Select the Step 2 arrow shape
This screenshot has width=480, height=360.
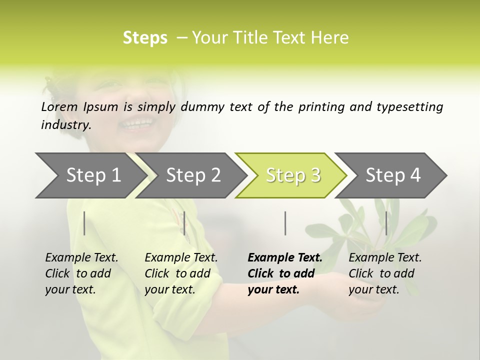click(192, 175)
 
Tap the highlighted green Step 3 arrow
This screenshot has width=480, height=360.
click(292, 175)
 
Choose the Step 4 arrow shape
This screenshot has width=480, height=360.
click(392, 175)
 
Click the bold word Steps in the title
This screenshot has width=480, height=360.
click(145, 38)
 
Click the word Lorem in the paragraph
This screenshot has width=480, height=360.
click(59, 106)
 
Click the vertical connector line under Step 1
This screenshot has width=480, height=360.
click(84, 223)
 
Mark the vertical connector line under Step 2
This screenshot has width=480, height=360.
click(184, 223)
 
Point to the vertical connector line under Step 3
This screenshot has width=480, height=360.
click(285, 223)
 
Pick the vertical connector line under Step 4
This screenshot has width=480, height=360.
click(385, 223)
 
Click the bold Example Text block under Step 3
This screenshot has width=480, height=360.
click(284, 273)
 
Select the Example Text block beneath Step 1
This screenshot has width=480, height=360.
click(81, 273)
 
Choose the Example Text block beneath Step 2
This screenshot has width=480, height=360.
click(181, 273)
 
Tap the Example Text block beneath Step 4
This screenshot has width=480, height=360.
click(385, 273)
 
